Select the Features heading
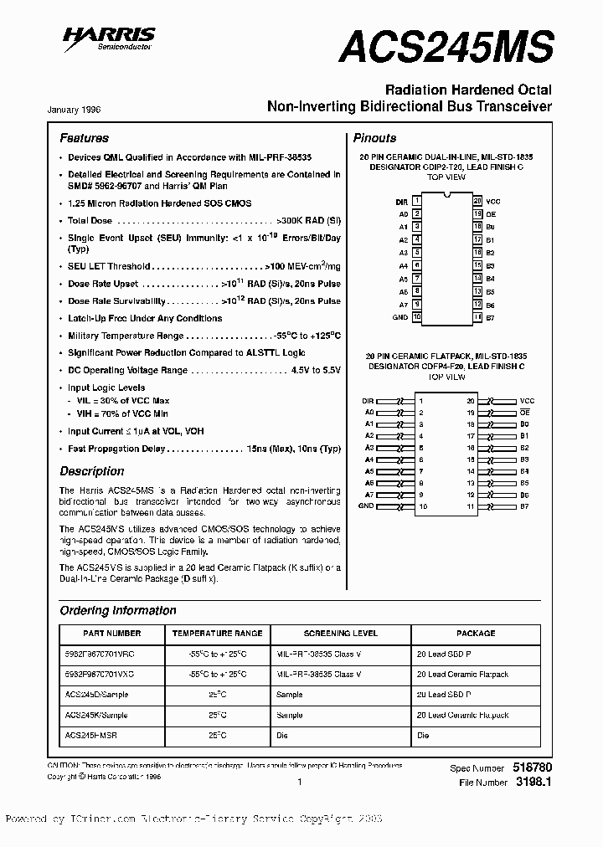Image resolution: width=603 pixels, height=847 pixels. [x=84, y=138]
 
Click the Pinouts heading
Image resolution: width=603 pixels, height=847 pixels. [x=374, y=138]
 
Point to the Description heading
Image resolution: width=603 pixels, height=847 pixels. [x=91, y=471]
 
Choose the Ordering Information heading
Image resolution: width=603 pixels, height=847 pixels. [x=118, y=610]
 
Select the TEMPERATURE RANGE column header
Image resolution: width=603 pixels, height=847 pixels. [x=217, y=634]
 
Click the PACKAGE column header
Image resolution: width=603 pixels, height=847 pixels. [x=476, y=634]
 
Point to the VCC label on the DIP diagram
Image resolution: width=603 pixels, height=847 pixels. [x=493, y=202]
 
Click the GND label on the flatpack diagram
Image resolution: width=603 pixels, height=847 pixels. [x=366, y=506]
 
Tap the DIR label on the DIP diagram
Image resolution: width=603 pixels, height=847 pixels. [x=401, y=202]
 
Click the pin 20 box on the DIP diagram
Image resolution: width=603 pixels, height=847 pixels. [x=477, y=202]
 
